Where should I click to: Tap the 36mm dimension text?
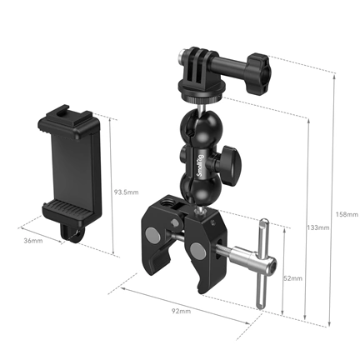(32, 242)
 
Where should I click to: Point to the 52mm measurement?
(293, 277)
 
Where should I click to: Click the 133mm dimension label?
(317, 227)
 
